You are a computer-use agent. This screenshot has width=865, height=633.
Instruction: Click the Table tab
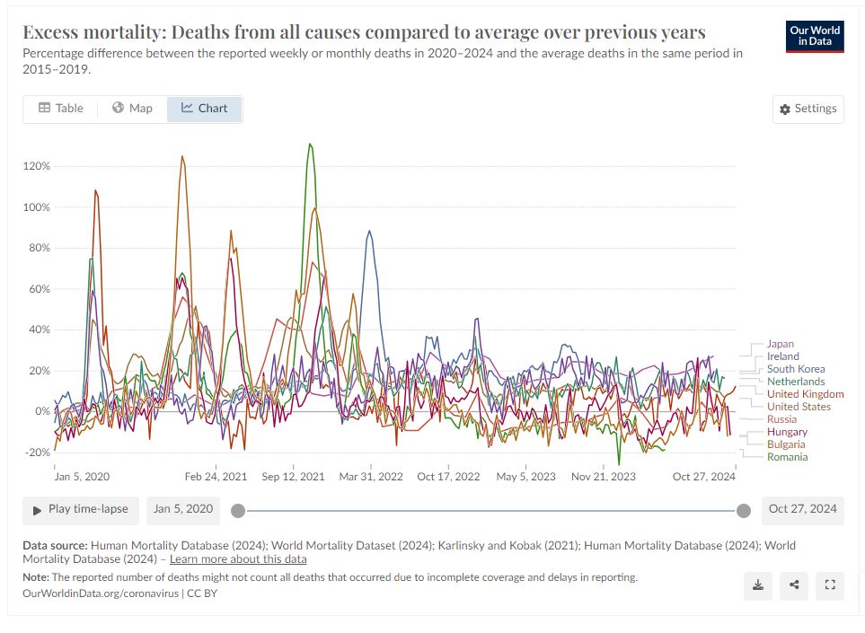[x=60, y=109]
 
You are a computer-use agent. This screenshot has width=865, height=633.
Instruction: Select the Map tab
[x=132, y=109]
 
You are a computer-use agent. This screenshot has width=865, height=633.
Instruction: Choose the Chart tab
[x=204, y=109]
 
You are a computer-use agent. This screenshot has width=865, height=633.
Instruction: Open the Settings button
[x=808, y=109]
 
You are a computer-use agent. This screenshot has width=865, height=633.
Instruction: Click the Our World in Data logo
[x=815, y=36]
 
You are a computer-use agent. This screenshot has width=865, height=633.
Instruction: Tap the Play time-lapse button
[x=81, y=509]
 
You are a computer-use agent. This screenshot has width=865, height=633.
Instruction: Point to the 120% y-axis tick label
[x=37, y=166]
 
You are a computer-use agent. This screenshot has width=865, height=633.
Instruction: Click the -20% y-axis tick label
[x=37, y=452]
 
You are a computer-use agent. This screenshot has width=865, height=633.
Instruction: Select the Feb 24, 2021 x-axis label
[x=216, y=477]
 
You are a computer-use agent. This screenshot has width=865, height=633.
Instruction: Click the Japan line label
[x=781, y=344]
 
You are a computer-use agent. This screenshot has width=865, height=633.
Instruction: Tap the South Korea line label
[x=796, y=369]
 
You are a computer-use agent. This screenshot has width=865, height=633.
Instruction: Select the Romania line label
[x=787, y=457]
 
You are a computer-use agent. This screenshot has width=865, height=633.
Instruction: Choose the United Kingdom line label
[x=805, y=394]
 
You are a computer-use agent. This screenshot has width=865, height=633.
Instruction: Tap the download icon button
[x=758, y=585]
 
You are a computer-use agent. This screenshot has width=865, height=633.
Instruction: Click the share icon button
[x=794, y=585]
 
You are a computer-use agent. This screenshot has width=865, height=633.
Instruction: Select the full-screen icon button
[x=830, y=585]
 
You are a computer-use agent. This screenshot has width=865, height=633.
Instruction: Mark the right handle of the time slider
[x=744, y=511]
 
